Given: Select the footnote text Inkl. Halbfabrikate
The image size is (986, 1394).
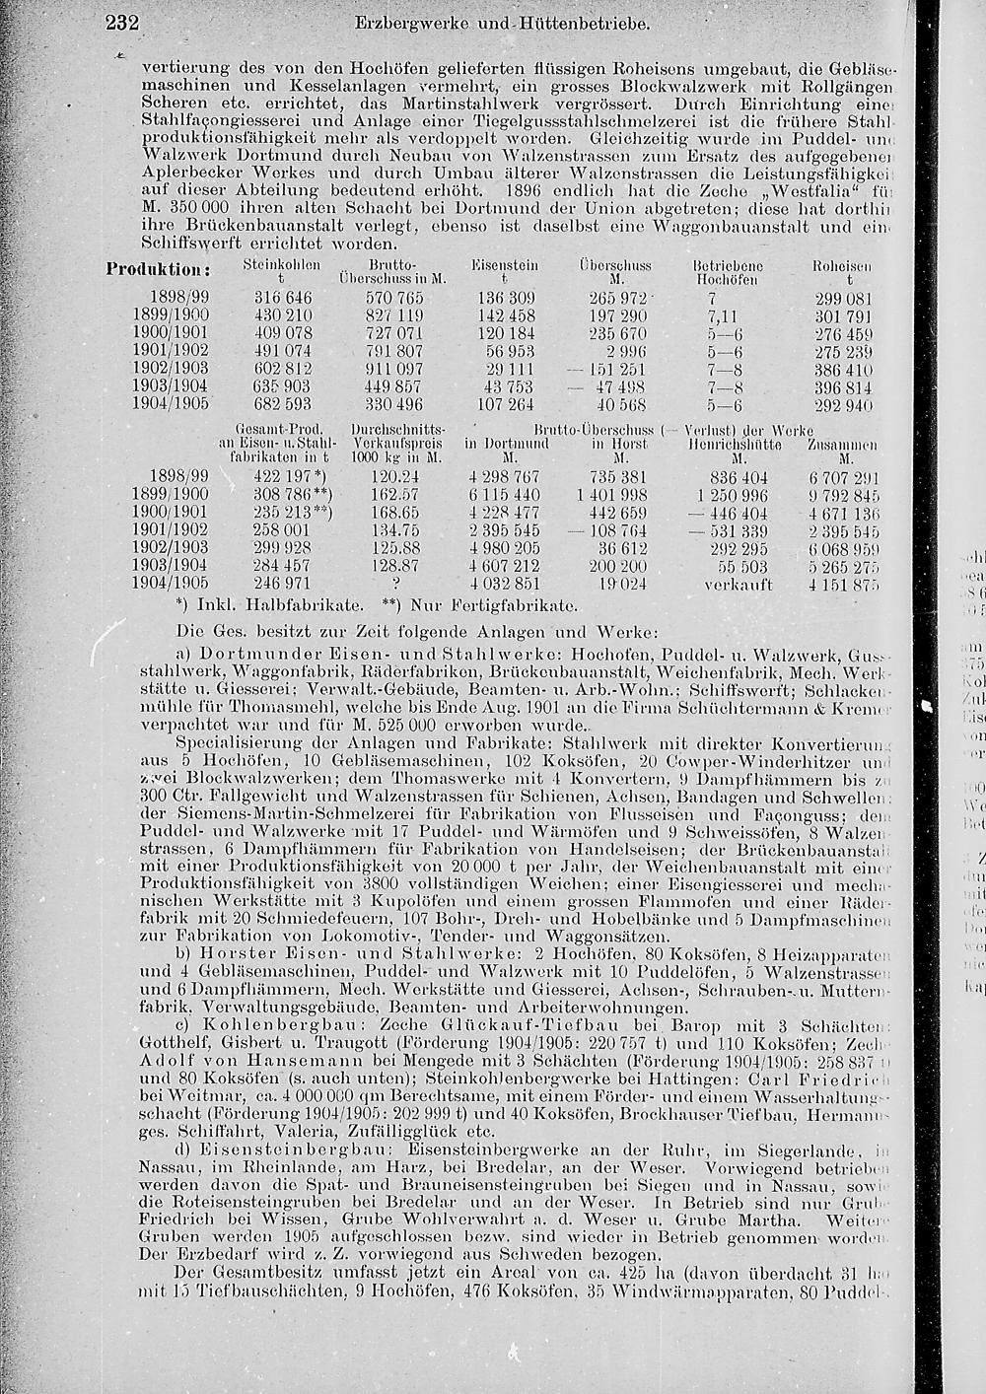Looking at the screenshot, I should [x=253, y=603].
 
